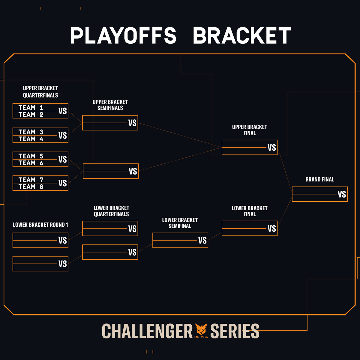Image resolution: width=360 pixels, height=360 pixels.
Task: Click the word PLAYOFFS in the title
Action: [x=123, y=36]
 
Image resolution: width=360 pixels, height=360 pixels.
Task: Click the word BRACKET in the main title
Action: [x=242, y=36]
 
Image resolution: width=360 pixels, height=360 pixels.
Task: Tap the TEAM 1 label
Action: [x=31, y=107]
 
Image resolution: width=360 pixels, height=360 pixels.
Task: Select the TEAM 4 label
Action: [x=31, y=139]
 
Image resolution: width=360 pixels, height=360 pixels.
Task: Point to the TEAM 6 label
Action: [x=31, y=163]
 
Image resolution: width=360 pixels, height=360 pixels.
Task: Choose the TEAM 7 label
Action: [x=31, y=180]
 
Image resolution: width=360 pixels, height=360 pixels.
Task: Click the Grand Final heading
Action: [x=319, y=179]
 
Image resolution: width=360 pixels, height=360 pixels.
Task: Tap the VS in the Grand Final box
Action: [x=342, y=194]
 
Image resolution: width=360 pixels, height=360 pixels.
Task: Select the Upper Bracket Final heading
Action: [x=249, y=130]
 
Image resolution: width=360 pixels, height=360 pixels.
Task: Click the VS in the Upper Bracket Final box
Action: [x=271, y=148]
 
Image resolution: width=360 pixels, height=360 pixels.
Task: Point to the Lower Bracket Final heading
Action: [x=249, y=211]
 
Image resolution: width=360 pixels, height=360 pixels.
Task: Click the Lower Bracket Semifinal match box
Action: [x=180, y=240]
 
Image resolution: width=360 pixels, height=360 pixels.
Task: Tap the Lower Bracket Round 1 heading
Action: [x=40, y=225]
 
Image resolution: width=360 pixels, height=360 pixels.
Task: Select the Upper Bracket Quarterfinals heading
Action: [x=40, y=91]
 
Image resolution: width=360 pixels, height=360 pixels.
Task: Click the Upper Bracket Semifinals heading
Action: [x=110, y=105]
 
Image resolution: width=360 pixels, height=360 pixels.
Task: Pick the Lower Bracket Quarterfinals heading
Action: [x=111, y=211]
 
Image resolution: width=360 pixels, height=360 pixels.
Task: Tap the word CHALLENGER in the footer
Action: [x=147, y=331]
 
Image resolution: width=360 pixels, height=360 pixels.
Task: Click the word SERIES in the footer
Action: [x=235, y=331]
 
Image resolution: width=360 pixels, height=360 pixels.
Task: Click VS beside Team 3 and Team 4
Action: [x=62, y=136]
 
